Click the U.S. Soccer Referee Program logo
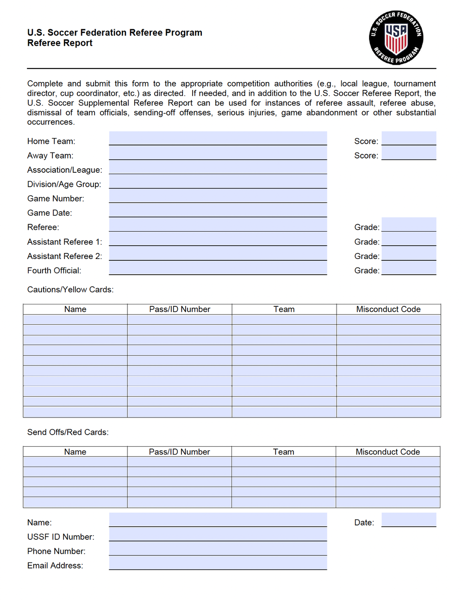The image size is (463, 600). tap(396, 38)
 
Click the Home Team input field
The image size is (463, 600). tap(218, 138)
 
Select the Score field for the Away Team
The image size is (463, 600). tap(408, 153)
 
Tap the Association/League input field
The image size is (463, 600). tap(218, 167)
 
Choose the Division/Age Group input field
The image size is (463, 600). tap(218, 182)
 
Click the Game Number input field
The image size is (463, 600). tap(218, 196)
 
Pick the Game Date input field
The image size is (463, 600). tap(218, 210)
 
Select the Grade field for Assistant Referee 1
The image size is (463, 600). tap(408, 239)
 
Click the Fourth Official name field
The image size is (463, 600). tap(218, 268)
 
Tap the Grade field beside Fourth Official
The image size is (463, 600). tap(408, 268)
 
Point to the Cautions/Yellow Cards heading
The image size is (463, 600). tap(70, 290)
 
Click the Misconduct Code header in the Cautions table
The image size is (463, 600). tap(388, 309)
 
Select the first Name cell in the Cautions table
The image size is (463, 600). tap(75, 320)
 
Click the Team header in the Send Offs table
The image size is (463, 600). tap(283, 452)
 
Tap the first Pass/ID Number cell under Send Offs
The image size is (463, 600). tap(179, 462)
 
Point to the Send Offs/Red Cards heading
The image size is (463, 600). tap(68, 432)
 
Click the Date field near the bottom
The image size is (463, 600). tap(408, 520)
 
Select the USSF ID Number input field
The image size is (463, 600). tap(218, 534)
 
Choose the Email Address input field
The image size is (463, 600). tap(218, 563)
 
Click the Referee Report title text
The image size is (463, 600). tap(60, 43)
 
